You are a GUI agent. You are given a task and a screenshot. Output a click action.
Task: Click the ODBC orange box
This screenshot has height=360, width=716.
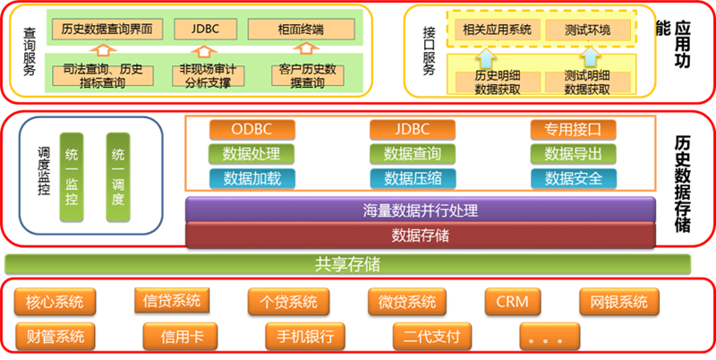tap(251, 129)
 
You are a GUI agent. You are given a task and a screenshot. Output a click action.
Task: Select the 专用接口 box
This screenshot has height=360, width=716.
tap(573, 129)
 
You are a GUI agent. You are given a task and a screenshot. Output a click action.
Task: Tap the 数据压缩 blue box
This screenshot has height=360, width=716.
tap(413, 178)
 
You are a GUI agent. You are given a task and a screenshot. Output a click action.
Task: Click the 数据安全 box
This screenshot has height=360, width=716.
tap(573, 178)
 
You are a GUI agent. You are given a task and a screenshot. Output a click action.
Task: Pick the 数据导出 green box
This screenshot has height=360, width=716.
tap(573, 154)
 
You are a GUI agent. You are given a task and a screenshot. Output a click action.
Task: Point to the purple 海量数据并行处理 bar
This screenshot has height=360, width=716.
tap(420, 210)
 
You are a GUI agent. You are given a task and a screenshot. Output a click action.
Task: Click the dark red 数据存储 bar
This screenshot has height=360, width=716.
tap(420, 236)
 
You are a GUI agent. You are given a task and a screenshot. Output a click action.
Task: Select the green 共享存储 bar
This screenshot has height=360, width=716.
tap(348, 264)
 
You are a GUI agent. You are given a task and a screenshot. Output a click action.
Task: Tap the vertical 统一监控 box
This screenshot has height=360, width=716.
tap(72, 177)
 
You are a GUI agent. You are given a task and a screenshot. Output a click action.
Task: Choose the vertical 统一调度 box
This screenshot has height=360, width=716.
tap(118, 177)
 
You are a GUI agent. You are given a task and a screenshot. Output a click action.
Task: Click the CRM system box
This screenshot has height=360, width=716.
tap(512, 302)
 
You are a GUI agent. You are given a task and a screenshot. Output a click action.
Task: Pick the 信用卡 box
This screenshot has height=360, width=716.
tap(181, 337)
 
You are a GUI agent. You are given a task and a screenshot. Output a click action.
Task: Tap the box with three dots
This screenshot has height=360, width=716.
tap(550, 337)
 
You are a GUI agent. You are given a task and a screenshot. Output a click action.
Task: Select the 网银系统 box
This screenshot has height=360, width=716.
tap(618, 302)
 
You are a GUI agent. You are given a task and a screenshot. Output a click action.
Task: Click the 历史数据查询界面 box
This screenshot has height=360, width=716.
tap(107, 30)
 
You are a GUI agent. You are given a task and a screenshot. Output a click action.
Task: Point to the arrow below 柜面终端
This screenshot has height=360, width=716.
tap(305, 48)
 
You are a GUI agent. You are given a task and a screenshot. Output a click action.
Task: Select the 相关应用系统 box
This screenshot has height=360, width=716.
tap(498, 30)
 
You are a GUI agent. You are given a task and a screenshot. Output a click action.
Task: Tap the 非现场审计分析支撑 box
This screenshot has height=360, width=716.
tap(208, 76)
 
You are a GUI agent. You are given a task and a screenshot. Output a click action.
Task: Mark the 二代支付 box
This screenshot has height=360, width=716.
tap(431, 337)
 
